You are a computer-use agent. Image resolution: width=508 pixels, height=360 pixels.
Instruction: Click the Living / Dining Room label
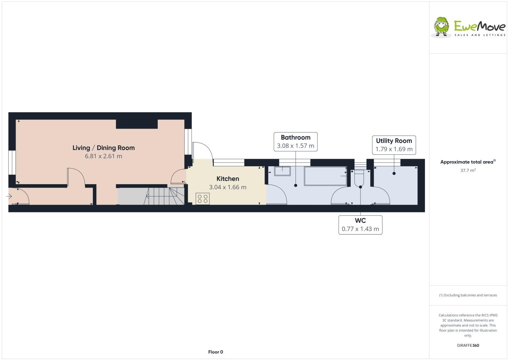point(103,148)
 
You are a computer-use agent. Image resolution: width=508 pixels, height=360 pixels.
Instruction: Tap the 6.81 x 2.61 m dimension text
point(103,156)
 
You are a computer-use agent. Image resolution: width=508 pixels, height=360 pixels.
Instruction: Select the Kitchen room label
point(228,179)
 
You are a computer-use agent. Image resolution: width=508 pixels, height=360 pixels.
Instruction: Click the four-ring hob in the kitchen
point(202,198)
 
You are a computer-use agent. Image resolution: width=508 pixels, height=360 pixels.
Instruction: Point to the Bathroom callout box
point(295,141)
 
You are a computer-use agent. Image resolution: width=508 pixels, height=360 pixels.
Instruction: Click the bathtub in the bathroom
point(326,176)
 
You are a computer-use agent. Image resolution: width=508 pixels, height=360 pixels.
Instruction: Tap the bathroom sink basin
point(282,171)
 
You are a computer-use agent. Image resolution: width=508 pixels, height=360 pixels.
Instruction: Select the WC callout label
point(360,225)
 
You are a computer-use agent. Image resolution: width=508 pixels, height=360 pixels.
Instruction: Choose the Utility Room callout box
point(394,145)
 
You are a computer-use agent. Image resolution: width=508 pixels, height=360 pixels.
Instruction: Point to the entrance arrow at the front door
point(9,196)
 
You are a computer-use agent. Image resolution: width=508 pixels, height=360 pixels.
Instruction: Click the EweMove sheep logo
point(442,26)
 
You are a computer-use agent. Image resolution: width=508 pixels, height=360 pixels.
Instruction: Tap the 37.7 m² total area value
point(468,170)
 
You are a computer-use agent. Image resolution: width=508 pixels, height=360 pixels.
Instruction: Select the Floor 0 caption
point(215,352)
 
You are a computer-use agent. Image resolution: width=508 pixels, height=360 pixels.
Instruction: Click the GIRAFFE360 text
point(468,345)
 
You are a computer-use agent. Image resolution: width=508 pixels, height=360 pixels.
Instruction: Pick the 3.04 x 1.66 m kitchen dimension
point(228,187)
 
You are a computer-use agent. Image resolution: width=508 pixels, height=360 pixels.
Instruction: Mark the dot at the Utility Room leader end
point(394,173)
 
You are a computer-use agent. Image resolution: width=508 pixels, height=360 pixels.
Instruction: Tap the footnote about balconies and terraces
point(468,295)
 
